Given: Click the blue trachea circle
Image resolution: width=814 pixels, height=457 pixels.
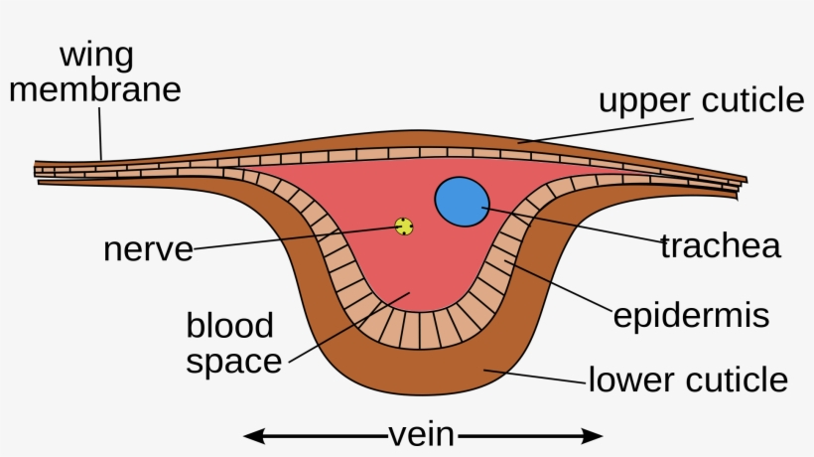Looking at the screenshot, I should pyautogui.click(x=462, y=200).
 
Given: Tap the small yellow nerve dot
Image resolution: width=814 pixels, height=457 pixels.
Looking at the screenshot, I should pyautogui.click(x=404, y=227).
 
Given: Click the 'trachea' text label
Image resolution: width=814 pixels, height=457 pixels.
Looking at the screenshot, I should pyautogui.click(x=720, y=245).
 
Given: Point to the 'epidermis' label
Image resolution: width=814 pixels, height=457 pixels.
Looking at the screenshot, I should pyautogui.click(x=691, y=316).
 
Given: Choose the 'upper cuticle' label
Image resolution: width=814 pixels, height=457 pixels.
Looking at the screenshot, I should pyautogui.click(x=700, y=100).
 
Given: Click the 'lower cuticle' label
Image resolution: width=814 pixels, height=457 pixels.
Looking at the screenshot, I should pyautogui.click(x=688, y=380).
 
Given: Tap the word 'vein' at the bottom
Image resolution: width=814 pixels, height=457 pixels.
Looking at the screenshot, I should pyautogui.click(x=422, y=435).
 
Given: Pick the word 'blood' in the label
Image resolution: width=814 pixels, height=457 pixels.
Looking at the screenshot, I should pyautogui.click(x=229, y=325).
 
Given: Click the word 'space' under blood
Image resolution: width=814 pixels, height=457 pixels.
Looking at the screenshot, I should pyautogui.click(x=234, y=361).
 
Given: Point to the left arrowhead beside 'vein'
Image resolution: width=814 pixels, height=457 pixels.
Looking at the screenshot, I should pyautogui.click(x=254, y=435).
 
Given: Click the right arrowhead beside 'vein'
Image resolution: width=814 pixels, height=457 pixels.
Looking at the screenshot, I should pyautogui.click(x=593, y=435).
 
